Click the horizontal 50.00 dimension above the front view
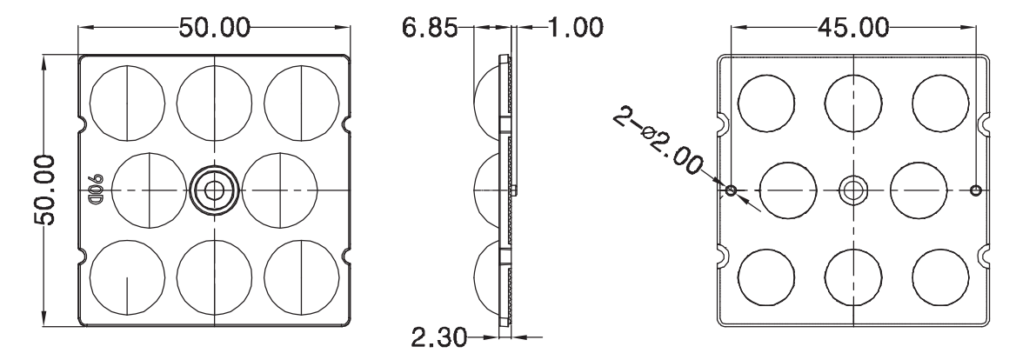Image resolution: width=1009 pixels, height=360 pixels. click(215, 28)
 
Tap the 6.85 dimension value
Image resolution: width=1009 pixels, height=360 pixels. click(432, 28)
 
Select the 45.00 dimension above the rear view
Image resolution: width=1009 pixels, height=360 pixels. click(852, 28)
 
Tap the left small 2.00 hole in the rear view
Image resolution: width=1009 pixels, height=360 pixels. click(731, 190)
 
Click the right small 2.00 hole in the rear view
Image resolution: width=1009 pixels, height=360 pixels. click(975, 190)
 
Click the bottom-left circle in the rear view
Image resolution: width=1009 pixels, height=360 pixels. click(765, 277)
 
